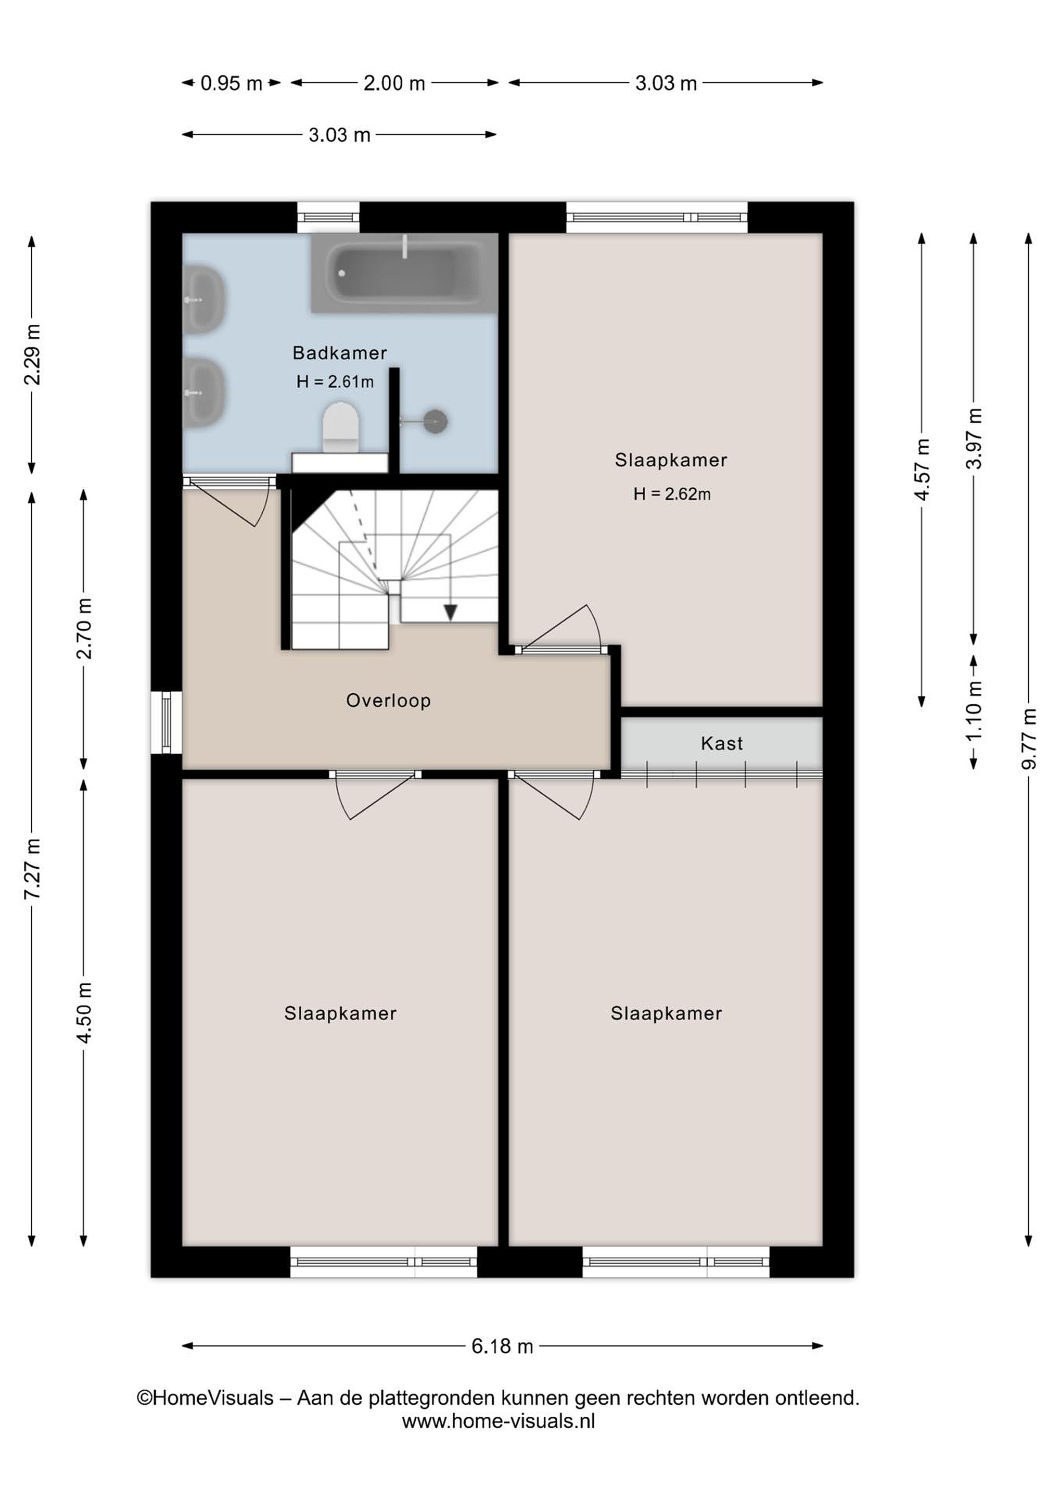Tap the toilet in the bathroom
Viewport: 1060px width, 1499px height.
click(x=341, y=428)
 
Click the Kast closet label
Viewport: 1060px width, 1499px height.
click(x=721, y=744)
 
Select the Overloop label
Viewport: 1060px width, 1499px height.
click(x=388, y=701)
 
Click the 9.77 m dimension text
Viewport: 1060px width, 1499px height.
click(x=1029, y=739)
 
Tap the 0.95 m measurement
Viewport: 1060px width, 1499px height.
click(x=231, y=84)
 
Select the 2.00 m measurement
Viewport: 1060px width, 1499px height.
click(x=394, y=84)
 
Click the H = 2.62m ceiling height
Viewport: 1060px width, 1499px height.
click(x=672, y=494)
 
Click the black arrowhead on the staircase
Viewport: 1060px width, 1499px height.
click(x=450, y=613)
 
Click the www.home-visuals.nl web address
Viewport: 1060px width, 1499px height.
click(x=498, y=1421)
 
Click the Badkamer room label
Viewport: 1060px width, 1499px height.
click(x=339, y=353)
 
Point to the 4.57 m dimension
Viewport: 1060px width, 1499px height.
click(x=922, y=470)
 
